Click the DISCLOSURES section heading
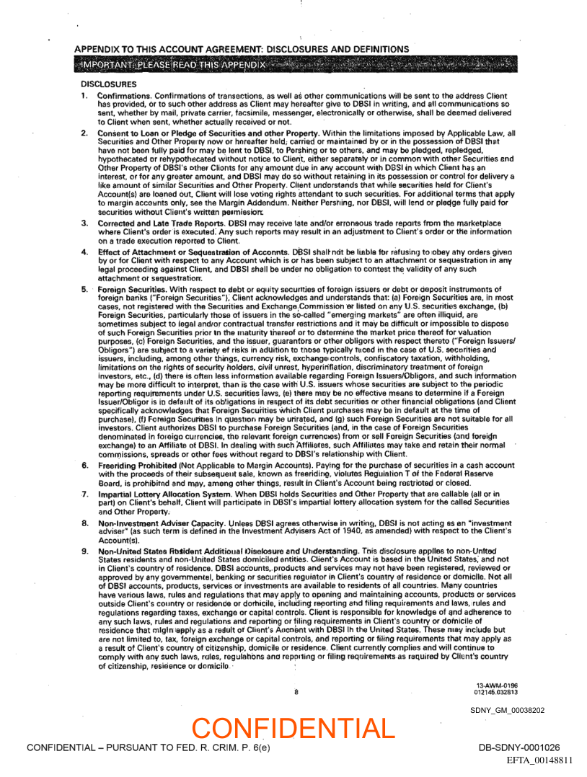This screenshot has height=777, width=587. (x=109, y=84)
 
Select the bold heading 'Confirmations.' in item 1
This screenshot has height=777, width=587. (x=123, y=96)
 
